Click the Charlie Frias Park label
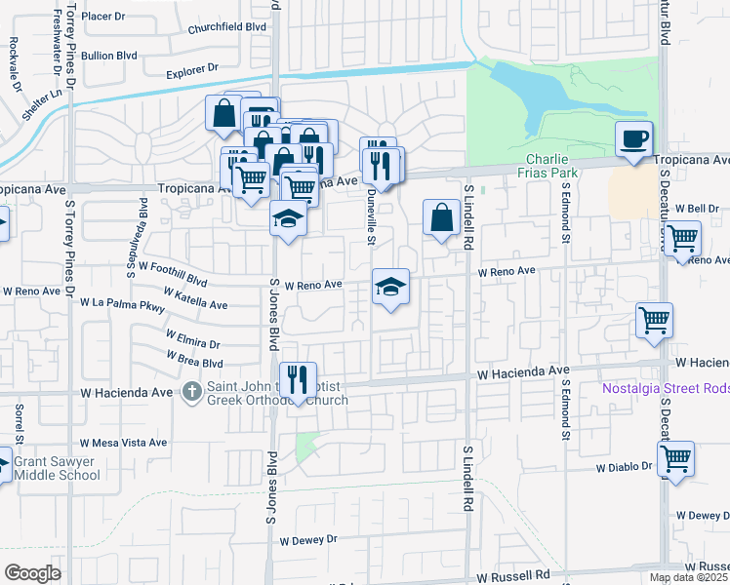551,166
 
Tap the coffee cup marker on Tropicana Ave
633,139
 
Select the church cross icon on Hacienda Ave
193,392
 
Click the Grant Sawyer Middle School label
57,468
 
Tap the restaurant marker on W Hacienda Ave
297,378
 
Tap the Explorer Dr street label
191,71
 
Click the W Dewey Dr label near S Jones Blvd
307,539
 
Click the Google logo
32,573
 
